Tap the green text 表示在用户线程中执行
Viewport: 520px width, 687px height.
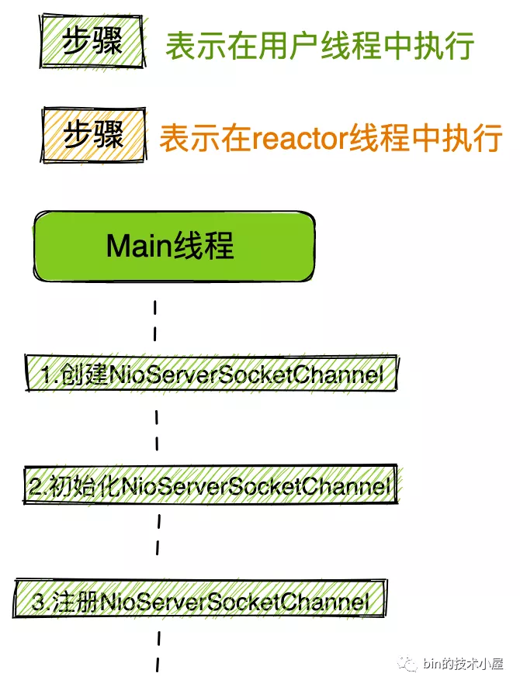coord(319,46)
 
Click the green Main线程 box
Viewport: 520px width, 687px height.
coord(174,247)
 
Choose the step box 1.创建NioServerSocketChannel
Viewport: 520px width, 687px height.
coord(211,375)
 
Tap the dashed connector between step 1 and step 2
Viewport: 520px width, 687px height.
coord(158,430)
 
